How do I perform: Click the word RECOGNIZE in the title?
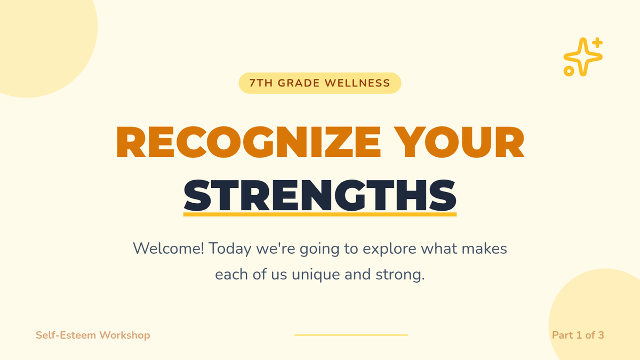click(249, 142)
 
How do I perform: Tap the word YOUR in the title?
click(459, 142)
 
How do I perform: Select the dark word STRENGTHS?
click(320, 196)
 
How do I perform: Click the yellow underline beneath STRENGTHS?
click(320, 214)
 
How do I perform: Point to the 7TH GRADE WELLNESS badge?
click(320, 83)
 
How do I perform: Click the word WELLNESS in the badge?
click(357, 83)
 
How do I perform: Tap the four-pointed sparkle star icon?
click(583, 57)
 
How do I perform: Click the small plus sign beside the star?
click(597, 43)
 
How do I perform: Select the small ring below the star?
click(569, 71)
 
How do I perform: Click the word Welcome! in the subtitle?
click(169, 249)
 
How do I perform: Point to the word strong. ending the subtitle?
click(400, 275)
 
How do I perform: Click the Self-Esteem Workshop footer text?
click(93, 335)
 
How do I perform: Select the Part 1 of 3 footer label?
click(578, 335)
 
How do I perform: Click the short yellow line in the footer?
click(351, 335)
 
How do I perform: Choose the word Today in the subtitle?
click(230, 249)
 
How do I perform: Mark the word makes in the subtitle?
click(484, 249)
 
